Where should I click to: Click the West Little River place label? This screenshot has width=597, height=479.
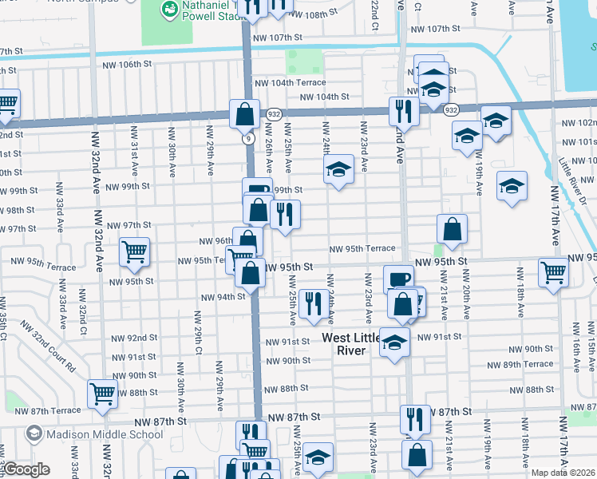pos(355,344)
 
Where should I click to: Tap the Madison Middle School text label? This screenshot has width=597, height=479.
pos(105,435)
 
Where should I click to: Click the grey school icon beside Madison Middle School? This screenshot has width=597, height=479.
pos(34,435)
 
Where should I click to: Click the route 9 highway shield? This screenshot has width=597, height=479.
pos(247,139)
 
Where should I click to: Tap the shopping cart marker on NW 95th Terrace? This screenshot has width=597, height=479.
pos(134,252)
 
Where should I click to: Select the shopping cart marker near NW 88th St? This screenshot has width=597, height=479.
pos(103,394)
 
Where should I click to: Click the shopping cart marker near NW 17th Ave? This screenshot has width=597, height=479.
pos(553,272)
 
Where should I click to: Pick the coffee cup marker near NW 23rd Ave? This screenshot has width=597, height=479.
pos(398,279)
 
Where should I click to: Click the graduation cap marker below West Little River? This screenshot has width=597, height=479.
pos(394,342)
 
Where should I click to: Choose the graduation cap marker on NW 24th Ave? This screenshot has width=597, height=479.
pos(338,169)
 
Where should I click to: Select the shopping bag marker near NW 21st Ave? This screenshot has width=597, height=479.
pos(452,229)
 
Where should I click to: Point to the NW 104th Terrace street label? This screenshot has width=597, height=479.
pos(290,82)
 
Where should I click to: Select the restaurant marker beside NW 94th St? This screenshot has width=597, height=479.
pos(313,303)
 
